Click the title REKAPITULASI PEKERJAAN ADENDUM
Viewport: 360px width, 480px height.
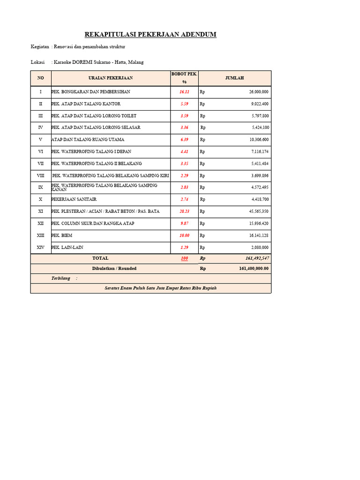tap(150, 35)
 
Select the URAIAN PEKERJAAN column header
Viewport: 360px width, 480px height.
tap(111, 78)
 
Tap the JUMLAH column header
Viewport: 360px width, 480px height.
tap(234, 78)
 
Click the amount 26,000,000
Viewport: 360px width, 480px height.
tap(259, 92)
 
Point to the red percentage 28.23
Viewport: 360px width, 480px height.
tap(184, 211)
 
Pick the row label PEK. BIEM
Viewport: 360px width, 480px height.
tap(62, 235)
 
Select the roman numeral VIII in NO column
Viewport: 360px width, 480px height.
tap(41, 175)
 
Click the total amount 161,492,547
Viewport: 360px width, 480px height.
tap(257, 258)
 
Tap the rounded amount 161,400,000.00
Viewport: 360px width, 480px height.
tap(254, 269)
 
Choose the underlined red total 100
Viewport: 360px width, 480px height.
tap(184, 258)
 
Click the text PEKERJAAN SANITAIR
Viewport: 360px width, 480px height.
tap(74, 199)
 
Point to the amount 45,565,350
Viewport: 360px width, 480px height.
tap(259, 211)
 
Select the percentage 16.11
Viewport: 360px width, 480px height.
tap(184, 92)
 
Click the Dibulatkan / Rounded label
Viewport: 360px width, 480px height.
tap(114, 269)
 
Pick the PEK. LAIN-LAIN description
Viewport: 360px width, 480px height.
tap(67, 247)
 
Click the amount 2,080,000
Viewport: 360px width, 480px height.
tap(260, 247)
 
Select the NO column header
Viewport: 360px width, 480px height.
tap(41, 78)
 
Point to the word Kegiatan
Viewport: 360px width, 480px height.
tap(40, 47)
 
